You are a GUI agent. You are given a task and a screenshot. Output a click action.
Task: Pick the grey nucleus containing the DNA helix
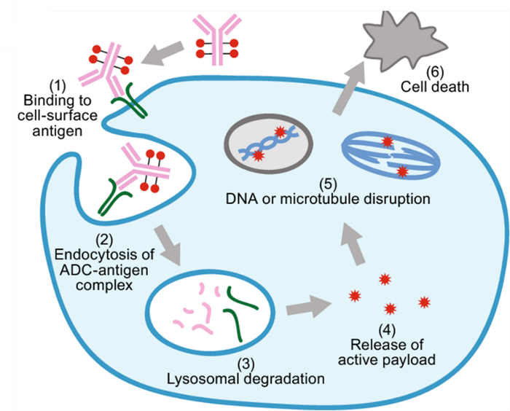click(270, 142)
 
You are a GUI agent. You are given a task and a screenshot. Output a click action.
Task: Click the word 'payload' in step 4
click(413, 359)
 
